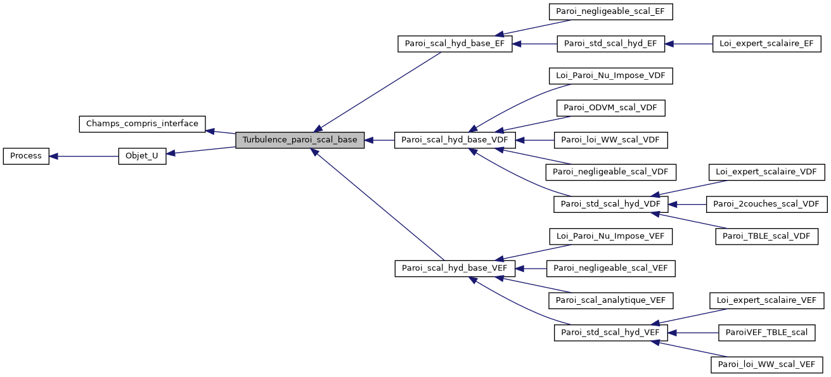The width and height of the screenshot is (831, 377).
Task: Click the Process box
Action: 26,156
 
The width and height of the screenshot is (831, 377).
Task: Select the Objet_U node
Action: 142,156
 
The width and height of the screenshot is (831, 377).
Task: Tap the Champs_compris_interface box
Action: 142,124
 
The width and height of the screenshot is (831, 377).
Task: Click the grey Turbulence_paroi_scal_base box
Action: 299,140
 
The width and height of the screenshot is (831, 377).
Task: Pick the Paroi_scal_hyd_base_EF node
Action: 454,44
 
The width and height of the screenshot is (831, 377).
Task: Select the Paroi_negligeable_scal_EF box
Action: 610,11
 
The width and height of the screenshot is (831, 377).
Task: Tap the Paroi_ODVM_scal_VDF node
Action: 610,108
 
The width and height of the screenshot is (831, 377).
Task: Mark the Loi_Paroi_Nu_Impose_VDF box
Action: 610,76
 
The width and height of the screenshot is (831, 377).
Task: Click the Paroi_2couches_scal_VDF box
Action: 766,204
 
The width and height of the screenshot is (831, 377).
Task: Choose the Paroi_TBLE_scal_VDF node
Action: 766,236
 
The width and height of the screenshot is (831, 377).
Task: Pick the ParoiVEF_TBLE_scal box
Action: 766,332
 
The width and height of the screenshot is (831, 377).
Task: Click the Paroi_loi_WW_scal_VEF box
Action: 766,364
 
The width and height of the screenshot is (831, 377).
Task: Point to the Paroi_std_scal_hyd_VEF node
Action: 610,332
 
